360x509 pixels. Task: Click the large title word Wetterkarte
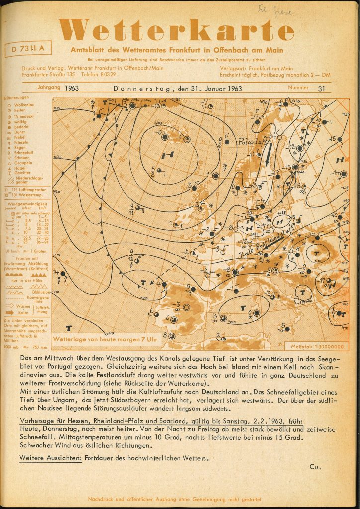coord(180,31)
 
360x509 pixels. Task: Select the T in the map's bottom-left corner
coord(68,328)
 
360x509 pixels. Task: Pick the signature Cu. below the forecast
coord(315,466)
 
